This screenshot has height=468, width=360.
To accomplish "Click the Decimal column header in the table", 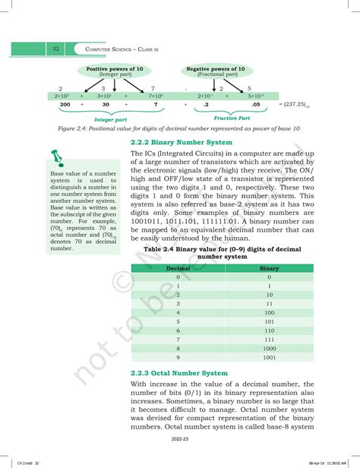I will (178, 268).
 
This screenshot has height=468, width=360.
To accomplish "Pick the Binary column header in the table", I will (269, 268).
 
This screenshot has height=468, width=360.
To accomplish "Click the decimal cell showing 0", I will (178, 277).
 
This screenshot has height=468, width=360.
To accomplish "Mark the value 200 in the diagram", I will (65, 105).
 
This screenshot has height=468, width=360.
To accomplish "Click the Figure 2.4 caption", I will (172, 129).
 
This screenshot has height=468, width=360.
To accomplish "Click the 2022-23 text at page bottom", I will (179, 438).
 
